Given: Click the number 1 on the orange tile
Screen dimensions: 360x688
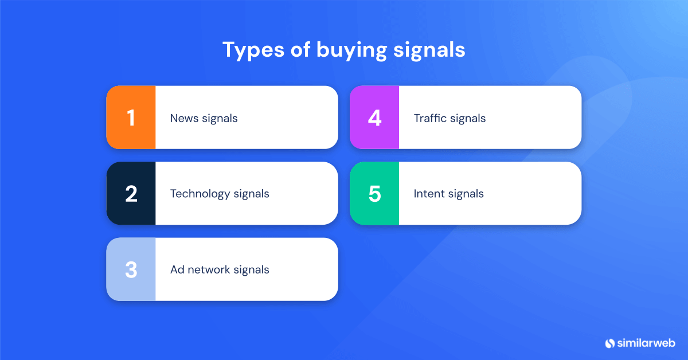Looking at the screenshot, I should point(131,118).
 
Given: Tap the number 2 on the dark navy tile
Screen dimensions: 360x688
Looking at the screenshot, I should point(131,194).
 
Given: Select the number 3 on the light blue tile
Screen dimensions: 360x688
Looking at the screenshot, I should point(131,269).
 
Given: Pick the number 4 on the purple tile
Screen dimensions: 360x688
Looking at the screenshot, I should point(374,118).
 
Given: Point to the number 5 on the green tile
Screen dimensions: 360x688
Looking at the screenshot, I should point(374,194).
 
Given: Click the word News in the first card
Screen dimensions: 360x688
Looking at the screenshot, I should point(183,119).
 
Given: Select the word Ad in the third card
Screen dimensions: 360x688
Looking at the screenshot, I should point(177,269).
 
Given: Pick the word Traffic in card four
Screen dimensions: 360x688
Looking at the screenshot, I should point(429,119).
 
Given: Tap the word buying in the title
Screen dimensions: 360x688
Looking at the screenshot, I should point(351,50).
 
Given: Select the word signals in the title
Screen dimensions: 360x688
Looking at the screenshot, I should point(429,50).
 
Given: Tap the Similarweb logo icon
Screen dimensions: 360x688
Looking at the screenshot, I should point(609,343).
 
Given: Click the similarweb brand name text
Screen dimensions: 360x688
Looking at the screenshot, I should point(647,343).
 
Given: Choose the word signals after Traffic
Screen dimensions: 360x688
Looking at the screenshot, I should point(468,119).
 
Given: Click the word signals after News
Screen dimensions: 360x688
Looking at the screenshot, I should point(220,119).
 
